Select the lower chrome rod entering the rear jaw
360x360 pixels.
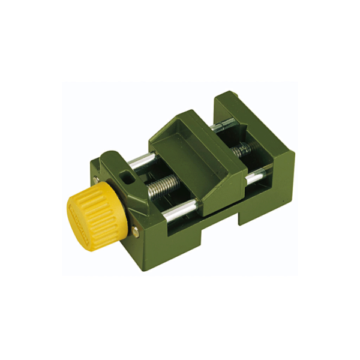click(255, 178)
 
